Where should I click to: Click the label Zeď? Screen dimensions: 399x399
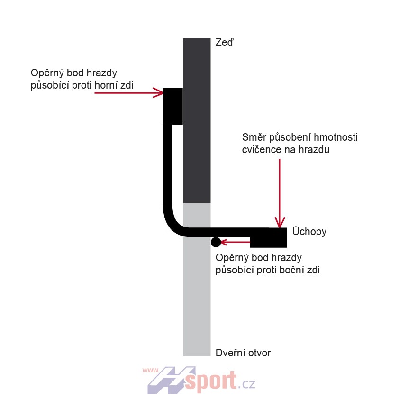click(x=224, y=43)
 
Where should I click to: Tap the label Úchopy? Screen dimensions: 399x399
click(x=309, y=231)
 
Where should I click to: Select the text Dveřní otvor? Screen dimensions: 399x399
click(x=243, y=353)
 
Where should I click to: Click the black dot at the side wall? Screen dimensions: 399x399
click(x=216, y=242)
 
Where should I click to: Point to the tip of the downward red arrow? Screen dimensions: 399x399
click(x=280, y=228)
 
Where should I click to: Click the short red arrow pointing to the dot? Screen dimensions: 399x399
click(x=236, y=242)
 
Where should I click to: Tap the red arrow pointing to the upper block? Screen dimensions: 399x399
click(x=128, y=92)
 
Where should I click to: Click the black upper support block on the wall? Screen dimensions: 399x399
click(x=173, y=106)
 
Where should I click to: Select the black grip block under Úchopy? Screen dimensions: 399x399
click(x=269, y=238)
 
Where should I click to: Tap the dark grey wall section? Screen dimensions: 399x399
click(x=197, y=121)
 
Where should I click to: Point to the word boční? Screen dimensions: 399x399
click(x=291, y=270)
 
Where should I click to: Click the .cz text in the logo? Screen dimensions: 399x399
click(x=247, y=384)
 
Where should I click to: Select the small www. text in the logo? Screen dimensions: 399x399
click(x=151, y=370)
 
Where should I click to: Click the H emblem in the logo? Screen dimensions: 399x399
click(x=172, y=380)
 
